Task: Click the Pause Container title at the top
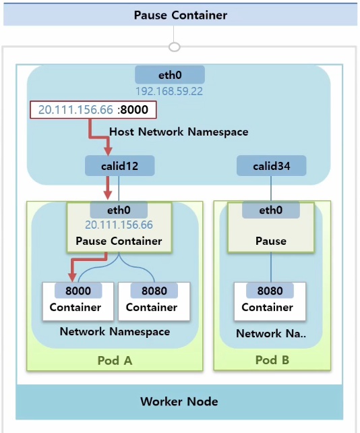click(x=180, y=16)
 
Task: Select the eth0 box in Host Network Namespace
click(x=170, y=75)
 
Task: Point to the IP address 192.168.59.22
click(x=169, y=92)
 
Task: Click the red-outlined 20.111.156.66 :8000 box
click(x=93, y=110)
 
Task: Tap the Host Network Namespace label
click(x=179, y=132)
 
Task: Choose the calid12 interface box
click(x=119, y=166)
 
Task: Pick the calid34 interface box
click(x=272, y=166)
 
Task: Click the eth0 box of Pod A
click(x=119, y=210)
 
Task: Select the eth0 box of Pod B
click(x=271, y=210)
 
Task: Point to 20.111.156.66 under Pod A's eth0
click(x=119, y=225)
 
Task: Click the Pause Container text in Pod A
click(x=119, y=241)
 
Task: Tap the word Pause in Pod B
click(x=271, y=241)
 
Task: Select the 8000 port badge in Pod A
click(x=78, y=291)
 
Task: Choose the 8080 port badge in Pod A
click(x=154, y=291)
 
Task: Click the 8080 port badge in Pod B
click(x=270, y=291)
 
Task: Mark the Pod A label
click(x=115, y=361)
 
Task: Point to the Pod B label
click(x=272, y=360)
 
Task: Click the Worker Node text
click(x=179, y=401)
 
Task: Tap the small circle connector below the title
click(x=174, y=47)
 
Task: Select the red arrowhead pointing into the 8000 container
click(x=72, y=277)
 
